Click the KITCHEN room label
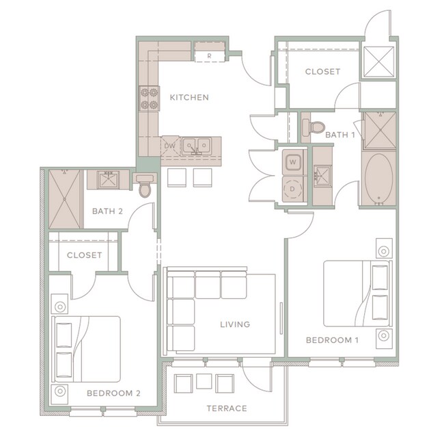click(189, 97)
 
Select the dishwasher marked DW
click(170, 145)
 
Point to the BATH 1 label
click(339, 135)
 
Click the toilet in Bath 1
click(315, 127)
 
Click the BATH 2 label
click(107, 211)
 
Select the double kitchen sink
click(197, 145)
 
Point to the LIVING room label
click(235, 324)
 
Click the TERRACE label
click(227, 408)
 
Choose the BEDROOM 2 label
click(113, 393)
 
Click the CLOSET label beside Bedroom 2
click(84, 255)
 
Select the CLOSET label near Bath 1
click(322, 72)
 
